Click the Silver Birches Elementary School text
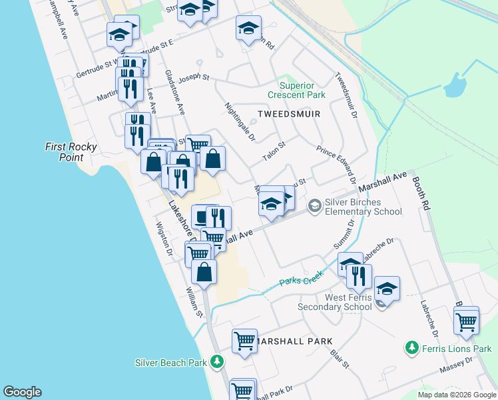(x=363, y=207)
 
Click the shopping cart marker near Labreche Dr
(x=466, y=321)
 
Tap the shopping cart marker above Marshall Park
(x=244, y=341)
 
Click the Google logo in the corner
(x=23, y=392)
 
